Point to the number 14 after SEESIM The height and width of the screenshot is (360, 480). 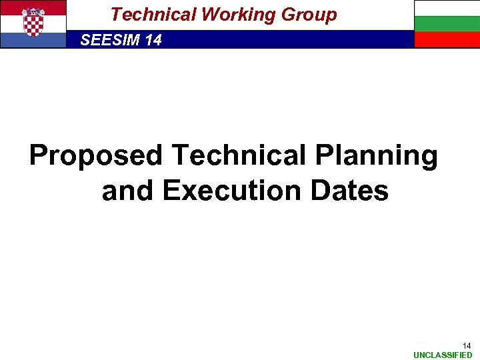click(x=153, y=40)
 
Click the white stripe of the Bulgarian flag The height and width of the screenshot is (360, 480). click(x=447, y=8)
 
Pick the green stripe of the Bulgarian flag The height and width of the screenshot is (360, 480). click(x=447, y=24)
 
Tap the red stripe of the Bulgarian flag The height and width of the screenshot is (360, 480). click(x=447, y=40)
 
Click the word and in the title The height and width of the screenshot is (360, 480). click(x=128, y=191)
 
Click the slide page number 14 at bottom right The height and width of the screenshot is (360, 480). click(x=467, y=345)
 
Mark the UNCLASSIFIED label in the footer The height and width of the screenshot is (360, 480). click(x=443, y=355)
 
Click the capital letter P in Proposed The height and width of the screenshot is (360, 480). click(x=39, y=156)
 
